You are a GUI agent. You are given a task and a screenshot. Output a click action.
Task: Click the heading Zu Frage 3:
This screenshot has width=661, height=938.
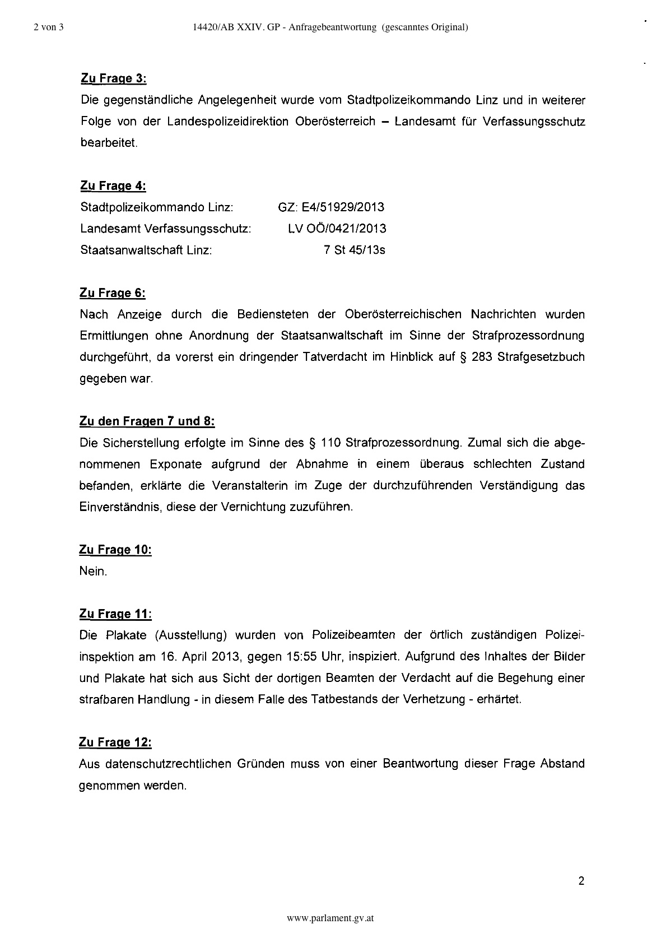(114, 78)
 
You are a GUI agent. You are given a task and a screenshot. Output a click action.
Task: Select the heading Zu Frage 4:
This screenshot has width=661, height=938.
(113, 185)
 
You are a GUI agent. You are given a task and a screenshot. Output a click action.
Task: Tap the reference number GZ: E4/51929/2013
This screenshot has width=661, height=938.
(331, 207)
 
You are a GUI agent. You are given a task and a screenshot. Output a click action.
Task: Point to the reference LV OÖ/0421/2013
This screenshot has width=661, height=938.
(337, 229)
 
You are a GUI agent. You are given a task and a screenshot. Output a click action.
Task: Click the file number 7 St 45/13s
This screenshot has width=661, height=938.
(354, 250)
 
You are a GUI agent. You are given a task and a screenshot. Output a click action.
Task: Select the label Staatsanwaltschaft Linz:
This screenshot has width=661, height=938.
(146, 250)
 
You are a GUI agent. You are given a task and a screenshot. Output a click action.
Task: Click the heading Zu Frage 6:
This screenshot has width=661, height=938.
(113, 292)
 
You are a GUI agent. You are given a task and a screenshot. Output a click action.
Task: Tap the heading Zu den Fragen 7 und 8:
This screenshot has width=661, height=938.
(147, 421)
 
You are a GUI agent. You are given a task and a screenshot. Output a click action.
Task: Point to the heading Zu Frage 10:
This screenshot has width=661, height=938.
(115, 550)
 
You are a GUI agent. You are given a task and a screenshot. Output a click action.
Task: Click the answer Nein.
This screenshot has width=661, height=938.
(93, 572)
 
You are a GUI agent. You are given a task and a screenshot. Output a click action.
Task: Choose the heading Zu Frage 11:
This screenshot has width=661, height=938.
(115, 614)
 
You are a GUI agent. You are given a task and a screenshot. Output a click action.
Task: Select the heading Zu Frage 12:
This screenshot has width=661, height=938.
(115, 742)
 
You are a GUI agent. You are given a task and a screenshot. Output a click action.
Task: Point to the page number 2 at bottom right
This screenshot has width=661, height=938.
(581, 881)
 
